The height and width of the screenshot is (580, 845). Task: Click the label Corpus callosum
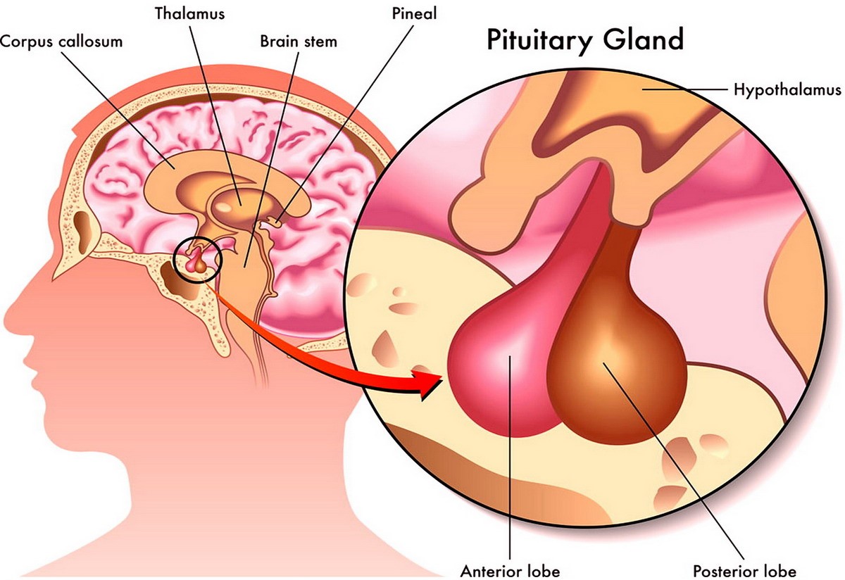pos(61,41)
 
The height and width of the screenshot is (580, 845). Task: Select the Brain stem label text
pos(299,41)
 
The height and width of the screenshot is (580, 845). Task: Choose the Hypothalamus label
pos(787,90)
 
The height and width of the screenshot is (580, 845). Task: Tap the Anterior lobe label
pos(510,569)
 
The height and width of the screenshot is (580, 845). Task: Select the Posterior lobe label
pos(744,569)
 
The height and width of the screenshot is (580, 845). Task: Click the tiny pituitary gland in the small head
pos(196,263)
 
